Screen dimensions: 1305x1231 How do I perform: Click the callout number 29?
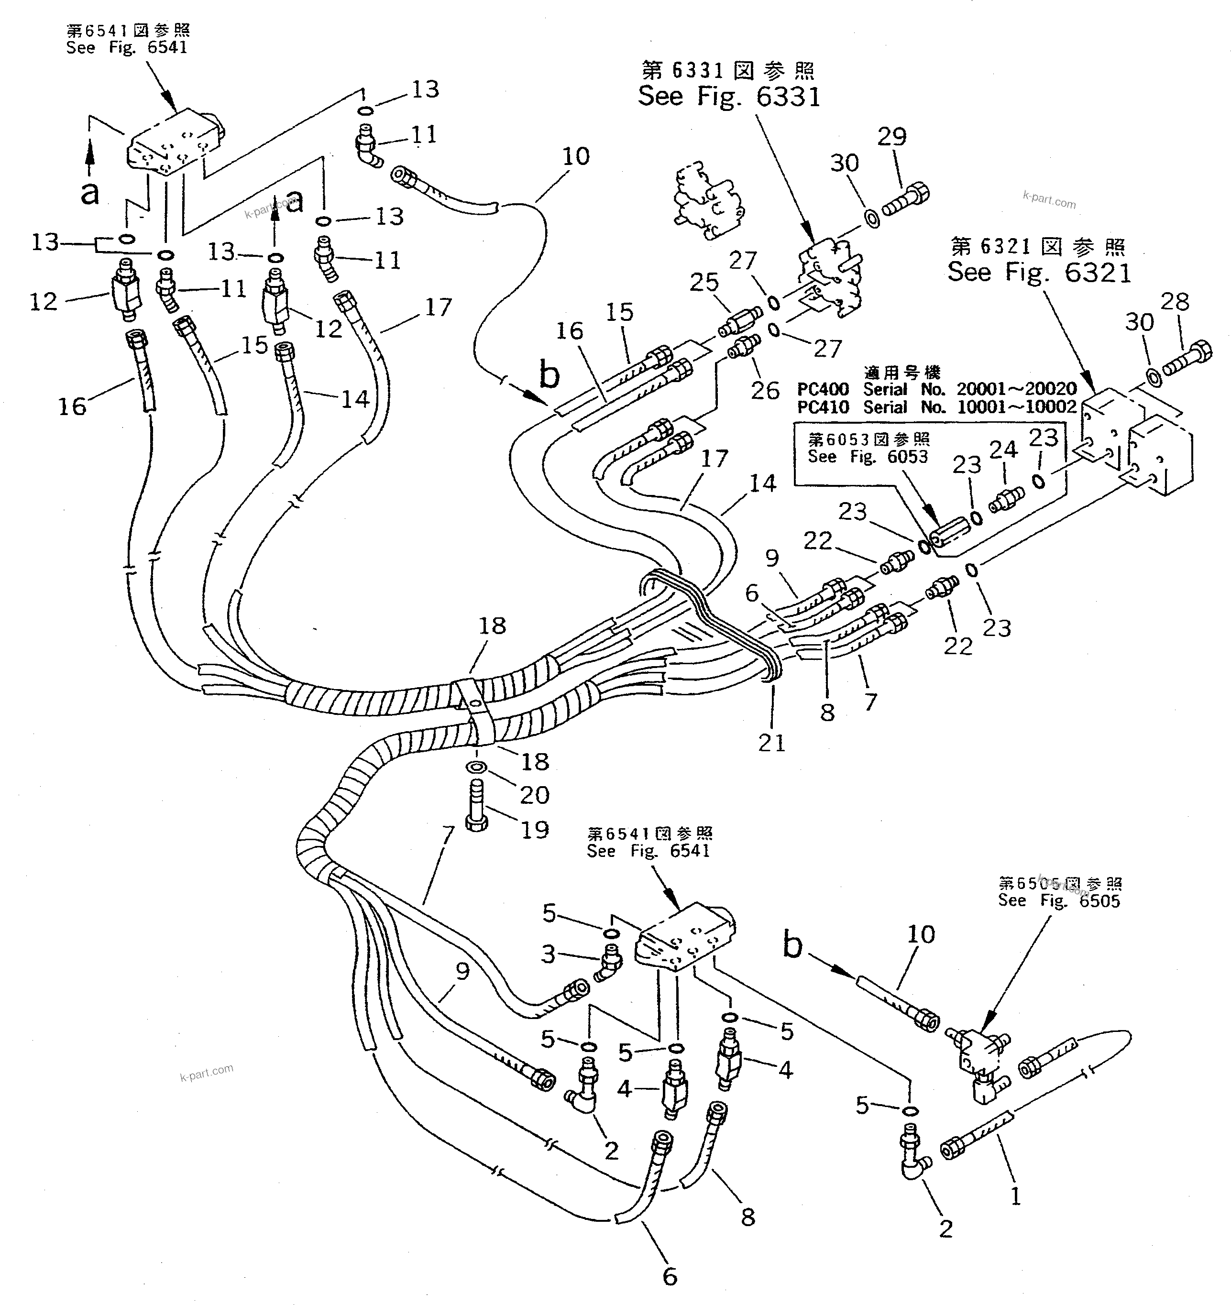(891, 137)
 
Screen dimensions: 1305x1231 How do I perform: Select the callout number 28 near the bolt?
(1175, 302)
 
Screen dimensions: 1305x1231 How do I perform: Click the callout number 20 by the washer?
(534, 795)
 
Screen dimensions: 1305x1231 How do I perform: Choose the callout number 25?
(704, 282)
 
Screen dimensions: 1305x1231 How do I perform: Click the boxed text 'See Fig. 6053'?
(868, 457)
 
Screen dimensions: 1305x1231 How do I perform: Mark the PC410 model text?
(823, 407)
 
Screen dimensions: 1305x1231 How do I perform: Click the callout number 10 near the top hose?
(576, 156)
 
